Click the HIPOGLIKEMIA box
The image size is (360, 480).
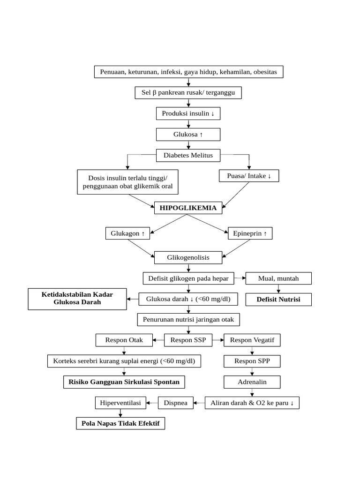pyautogui.click(x=188, y=208)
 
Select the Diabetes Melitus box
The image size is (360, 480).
pyautogui.click(x=188, y=155)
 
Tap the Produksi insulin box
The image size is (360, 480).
pyautogui.click(x=188, y=113)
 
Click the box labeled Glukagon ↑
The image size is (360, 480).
pyautogui.click(x=127, y=233)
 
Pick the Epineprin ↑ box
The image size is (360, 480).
pyautogui.click(x=250, y=233)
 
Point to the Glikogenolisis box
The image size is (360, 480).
pyautogui.click(x=188, y=257)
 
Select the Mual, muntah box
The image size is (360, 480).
pyautogui.click(x=278, y=278)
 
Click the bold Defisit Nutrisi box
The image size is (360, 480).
pyautogui.click(x=278, y=299)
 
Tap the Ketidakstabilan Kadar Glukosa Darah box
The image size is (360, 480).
pyautogui.click(x=77, y=299)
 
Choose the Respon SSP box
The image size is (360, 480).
pyautogui.click(x=188, y=340)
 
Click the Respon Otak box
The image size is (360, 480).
pyautogui.click(x=124, y=340)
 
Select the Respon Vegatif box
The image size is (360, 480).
pyautogui.click(x=252, y=340)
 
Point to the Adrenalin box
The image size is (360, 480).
pyautogui.click(x=252, y=382)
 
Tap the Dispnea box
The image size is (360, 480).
pyautogui.click(x=175, y=403)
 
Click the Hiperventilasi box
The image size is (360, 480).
pyautogui.click(x=120, y=403)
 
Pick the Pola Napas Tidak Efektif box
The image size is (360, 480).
pyautogui.click(x=120, y=423)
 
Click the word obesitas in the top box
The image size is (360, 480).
pyautogui.click(x=266, y=72)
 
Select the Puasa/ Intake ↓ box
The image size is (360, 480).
pyautogui.click(x=249, y=176)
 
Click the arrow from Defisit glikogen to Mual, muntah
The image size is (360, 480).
pyautogui.click(x=240, y=278)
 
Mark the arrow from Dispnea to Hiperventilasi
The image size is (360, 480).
pyautogui.click(x=152, y=403)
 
